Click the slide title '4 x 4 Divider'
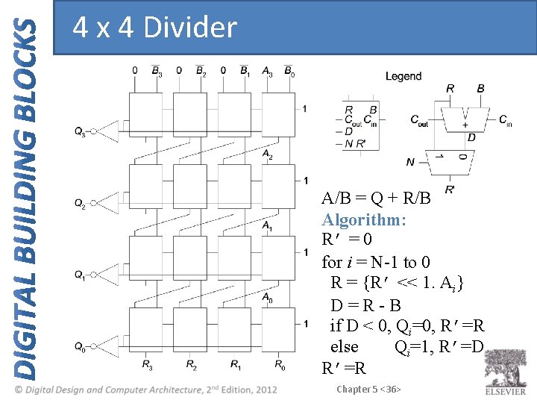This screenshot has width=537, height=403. tap(154, 28)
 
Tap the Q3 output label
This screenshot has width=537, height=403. tap(80, 133)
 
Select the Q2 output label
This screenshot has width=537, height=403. tap(80, 203)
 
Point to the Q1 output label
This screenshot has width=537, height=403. tap(80, 275)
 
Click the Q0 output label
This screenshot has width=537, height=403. tap(80, 346)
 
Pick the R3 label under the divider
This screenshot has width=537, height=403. tap(148, 365)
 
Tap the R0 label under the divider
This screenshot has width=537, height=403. tap(280, 365)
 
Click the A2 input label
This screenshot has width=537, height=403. tap(267, 154)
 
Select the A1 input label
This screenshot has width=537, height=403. tap(267, 225)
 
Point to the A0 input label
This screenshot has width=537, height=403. tap(267, 296)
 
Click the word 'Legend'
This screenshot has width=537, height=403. tap(403, 76)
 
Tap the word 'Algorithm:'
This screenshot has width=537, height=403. tap(364, 220)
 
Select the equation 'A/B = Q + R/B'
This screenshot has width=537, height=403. tap(377, 199)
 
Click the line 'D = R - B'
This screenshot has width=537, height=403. tap(365, 305)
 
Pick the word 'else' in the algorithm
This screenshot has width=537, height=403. tap(344, 347)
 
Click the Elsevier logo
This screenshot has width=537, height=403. tap(505, 370)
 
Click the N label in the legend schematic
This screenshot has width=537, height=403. tap(410, 161)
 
